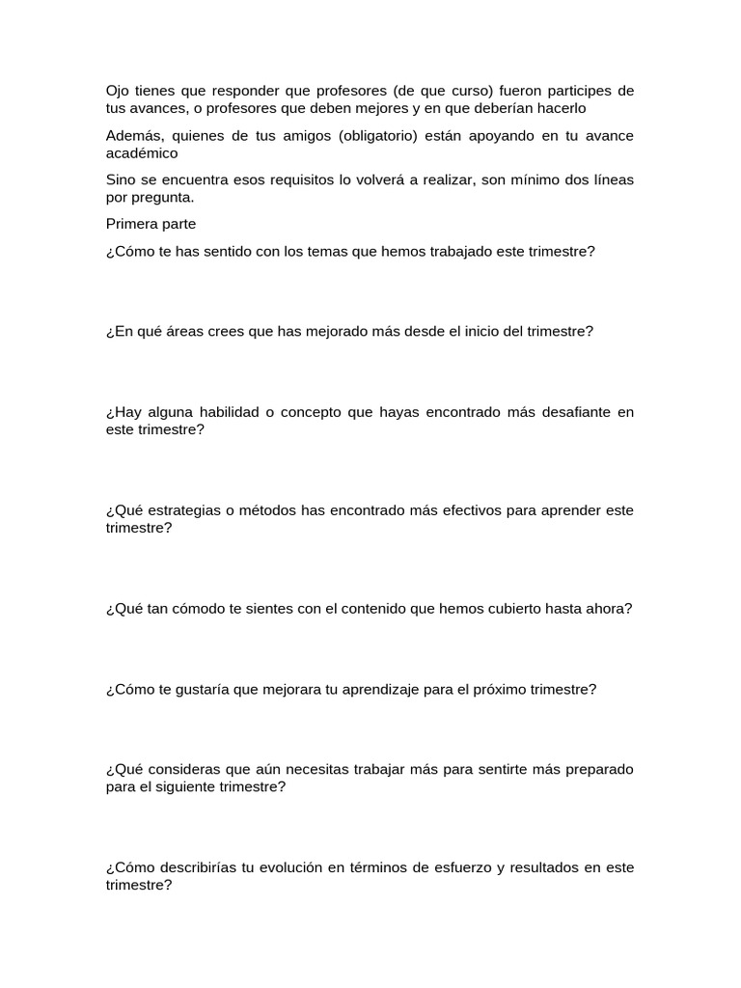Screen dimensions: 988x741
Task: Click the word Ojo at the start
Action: point(118,92)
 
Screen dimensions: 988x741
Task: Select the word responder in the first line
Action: point(266,92)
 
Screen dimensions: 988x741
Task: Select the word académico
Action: point(142,152)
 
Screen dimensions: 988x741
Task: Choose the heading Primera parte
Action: point(151,224)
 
